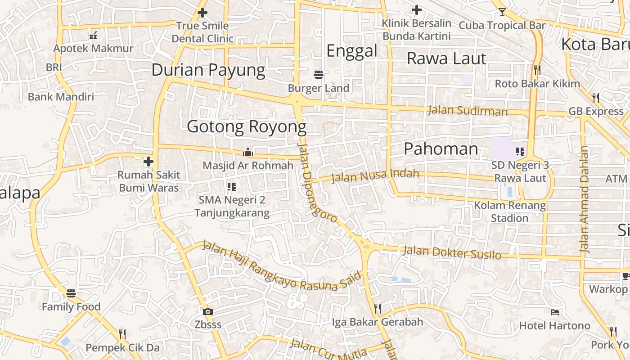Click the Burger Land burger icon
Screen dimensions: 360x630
pos(319,74)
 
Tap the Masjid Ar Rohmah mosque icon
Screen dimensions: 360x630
pos(247,152)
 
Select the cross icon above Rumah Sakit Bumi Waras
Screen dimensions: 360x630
pos(148,161)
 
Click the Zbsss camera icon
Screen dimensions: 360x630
pos(207,311)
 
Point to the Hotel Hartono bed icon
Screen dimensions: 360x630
pos(555,312)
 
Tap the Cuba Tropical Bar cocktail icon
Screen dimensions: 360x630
pos(502,12)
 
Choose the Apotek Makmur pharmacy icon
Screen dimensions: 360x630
pos(93,35)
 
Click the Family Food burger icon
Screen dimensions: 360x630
pos(71,293)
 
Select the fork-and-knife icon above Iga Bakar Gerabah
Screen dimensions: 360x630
pos(378,308)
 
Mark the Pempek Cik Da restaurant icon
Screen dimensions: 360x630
pos(122,334)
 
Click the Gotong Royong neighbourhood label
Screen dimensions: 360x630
pos(247,127)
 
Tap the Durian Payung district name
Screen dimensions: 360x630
pos(208,70)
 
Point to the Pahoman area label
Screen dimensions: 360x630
pos(441,149)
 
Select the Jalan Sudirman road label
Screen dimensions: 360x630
pos(468,110)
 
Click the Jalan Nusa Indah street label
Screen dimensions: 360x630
pos(375,175)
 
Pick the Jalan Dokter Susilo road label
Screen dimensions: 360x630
pos(452,252)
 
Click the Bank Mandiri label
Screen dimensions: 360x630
pos(61,97)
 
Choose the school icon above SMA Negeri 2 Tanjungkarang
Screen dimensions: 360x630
pos(232,186)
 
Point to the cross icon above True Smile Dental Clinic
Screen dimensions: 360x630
pos(202,13)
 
